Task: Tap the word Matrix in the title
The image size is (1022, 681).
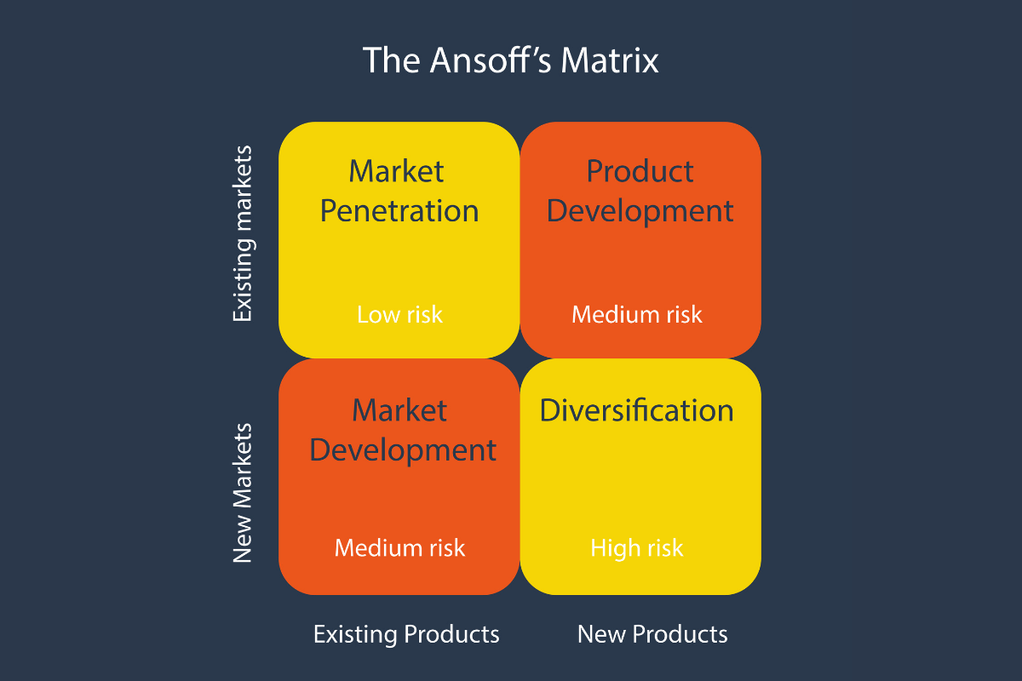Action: pos(614,61)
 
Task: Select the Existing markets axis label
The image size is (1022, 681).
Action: pos(244,234)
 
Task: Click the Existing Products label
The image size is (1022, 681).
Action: pos(406,634)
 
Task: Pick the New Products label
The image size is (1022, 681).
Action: pos(652,634)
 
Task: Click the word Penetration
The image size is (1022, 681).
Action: pos(399,210)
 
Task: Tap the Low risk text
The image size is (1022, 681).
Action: pos(399,314)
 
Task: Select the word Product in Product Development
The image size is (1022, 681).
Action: pos(640,171)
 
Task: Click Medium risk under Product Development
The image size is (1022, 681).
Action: pos(637,314)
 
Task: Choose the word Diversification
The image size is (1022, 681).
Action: pos(636,410)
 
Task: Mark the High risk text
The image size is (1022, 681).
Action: pos(637,547)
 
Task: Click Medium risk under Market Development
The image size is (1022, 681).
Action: pos(399,547)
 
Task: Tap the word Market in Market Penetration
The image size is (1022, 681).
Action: pos(396,171)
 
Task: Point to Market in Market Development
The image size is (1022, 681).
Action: pos(399,410)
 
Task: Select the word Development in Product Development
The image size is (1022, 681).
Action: pos(640,210)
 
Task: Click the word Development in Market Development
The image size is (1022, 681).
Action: pos(403,449)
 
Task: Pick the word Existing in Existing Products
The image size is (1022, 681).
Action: pos(355,634)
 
